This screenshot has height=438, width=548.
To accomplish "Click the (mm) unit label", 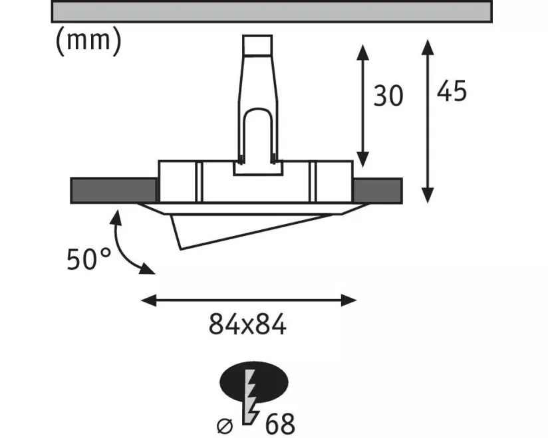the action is tap(88, 41).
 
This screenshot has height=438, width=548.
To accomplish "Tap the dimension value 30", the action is tap(388, 96).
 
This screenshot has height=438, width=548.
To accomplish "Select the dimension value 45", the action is tap(451, 91).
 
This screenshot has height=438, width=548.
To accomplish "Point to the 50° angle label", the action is tap(88, 259).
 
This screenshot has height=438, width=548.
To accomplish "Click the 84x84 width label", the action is tap(247, 324).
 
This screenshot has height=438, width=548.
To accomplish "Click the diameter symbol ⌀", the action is tap(224, 425).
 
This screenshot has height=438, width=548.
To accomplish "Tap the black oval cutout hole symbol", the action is tap(254, 382).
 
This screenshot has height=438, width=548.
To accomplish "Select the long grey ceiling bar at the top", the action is tap(271, 11).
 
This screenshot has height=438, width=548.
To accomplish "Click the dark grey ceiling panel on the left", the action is tap(114, 190).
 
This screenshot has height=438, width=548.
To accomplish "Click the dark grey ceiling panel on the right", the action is tap(378, 190).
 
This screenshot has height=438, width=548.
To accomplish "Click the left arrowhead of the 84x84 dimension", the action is tap(148, 300).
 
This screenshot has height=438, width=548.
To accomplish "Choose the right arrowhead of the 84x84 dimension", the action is tap(348, 300).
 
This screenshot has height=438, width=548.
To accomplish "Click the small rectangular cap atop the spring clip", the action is tap(257, 45).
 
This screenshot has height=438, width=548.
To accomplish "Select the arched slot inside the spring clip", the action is tap(258, 134).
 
